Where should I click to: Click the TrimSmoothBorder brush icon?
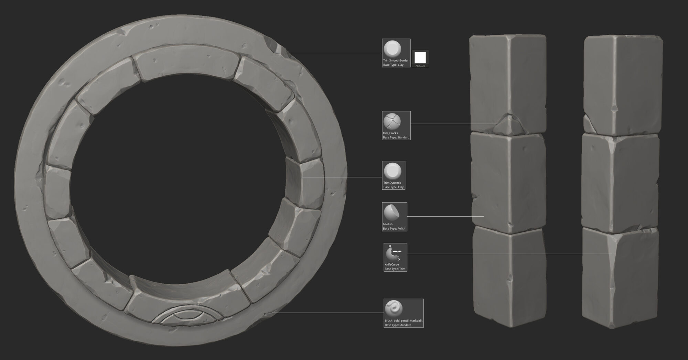click(x=392, y=49)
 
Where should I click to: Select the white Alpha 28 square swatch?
click(x=420, y=57)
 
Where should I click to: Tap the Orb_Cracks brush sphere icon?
click(x=392, y=121)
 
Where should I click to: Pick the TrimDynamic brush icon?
click(x=393, y=171)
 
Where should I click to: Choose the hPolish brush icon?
click(x=392, y=212)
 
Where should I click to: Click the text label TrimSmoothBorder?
click(x=396, y=61)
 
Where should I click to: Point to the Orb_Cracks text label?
click(x=390, y=133)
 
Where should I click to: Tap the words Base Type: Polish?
click(x=394, y=229)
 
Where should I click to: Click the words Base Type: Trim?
click(x=395, y=269)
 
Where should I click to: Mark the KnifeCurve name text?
click(x=391, y=264)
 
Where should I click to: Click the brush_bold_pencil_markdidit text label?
click(x=404, y=320)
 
